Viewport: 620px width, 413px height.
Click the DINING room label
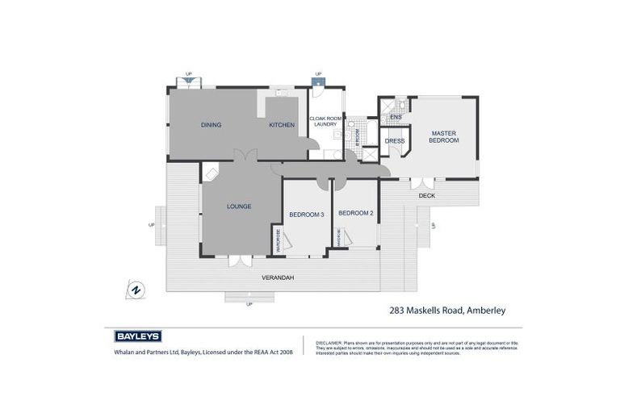tap(211, 125)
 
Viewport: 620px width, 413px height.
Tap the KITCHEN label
tap(281, 125)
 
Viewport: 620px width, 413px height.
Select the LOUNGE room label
tap(239, 206)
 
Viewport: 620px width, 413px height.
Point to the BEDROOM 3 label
tap(306, 214)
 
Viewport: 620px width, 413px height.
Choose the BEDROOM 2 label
tap(355, 213)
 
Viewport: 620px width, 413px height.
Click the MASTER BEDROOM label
tap(444, 136)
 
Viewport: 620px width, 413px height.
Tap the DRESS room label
tap(395, 141)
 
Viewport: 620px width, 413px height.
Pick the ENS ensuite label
tap(395, 119)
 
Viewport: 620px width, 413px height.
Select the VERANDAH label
tap(276, 277)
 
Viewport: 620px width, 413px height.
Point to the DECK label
tap(427, 196)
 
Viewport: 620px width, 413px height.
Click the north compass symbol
tap(136, 290)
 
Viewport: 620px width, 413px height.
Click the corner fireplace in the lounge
tap(210, 171)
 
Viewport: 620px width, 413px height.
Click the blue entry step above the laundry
tap(318, 81)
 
